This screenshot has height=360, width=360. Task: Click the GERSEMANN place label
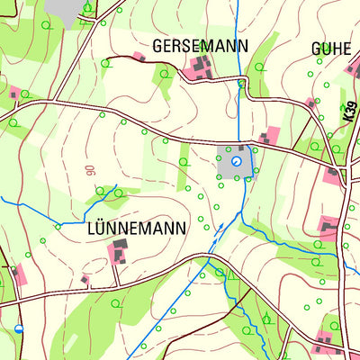200,45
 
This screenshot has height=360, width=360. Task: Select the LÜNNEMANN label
137,229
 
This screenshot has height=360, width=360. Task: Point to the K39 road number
348,112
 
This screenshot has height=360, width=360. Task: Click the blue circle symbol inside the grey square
237,161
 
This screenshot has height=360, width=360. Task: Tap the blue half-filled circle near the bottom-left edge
19,329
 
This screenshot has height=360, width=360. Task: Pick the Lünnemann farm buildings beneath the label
118,251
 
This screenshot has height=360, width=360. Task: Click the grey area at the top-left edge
63,7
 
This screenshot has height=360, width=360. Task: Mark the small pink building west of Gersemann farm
139,57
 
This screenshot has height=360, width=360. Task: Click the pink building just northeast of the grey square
271,137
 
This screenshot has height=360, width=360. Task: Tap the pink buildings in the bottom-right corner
324,343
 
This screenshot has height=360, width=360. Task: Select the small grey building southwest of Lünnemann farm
85,280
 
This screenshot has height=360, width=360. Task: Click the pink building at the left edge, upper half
14,93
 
